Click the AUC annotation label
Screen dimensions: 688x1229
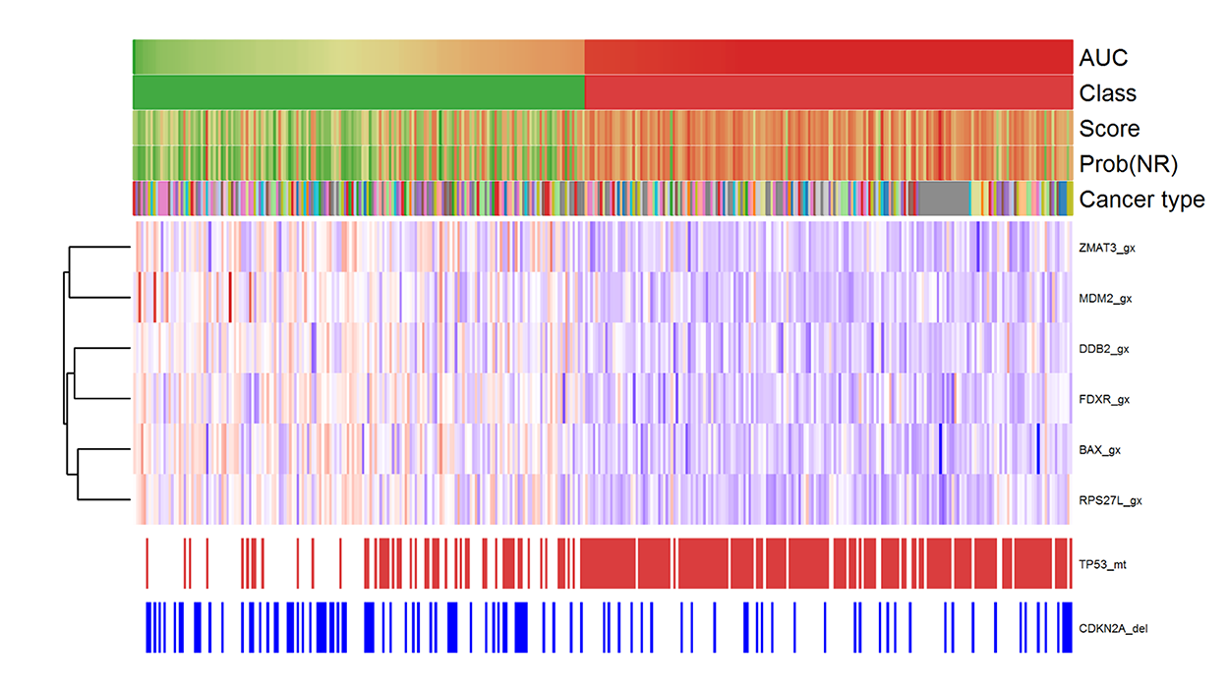point(1103,57)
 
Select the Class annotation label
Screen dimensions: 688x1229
point(1107,93)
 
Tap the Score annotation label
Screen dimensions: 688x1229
point(1109,129)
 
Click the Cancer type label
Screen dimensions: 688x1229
point(1141,200)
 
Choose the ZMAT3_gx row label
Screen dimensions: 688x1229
point(1106,248)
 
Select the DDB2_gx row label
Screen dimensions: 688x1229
point(1104,349)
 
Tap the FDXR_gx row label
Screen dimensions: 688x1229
point(1104,400)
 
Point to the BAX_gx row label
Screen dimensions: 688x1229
point(1100,451)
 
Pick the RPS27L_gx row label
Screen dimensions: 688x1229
point(1108,501)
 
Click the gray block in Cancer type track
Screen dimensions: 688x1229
point(943,200)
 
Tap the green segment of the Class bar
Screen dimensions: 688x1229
point(359,93)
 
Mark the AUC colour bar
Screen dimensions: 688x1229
point(602,57)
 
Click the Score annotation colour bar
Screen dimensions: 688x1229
point(602,129)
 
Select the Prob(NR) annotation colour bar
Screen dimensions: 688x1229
point(602,164)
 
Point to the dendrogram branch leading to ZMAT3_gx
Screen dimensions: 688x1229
point(99,248)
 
